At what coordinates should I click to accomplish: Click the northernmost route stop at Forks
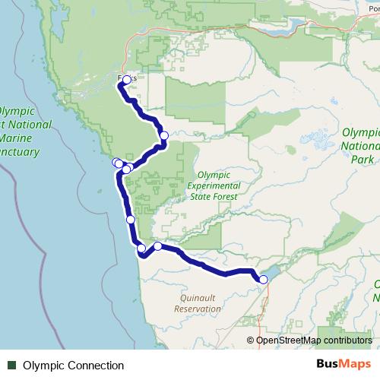click(x=126, y=79)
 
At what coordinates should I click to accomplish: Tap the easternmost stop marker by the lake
click(x=264, y=280)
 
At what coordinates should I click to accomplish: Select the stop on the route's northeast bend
click(x=163, y=135)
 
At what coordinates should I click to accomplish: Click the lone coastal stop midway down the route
click(x=130, y=220)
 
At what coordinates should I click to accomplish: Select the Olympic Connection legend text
click(x=73, y=366)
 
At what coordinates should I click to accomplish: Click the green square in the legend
click(x=11, y=366)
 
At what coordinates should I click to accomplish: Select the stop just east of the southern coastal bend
click(x=157, y=245)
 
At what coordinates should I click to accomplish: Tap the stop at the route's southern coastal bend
click(x=141, y=249)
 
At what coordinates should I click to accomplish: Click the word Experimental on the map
click(x=213, y=185)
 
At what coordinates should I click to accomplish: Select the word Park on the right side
click(x=362, y=160)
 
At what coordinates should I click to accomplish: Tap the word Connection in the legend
click(x=94, y=366)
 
